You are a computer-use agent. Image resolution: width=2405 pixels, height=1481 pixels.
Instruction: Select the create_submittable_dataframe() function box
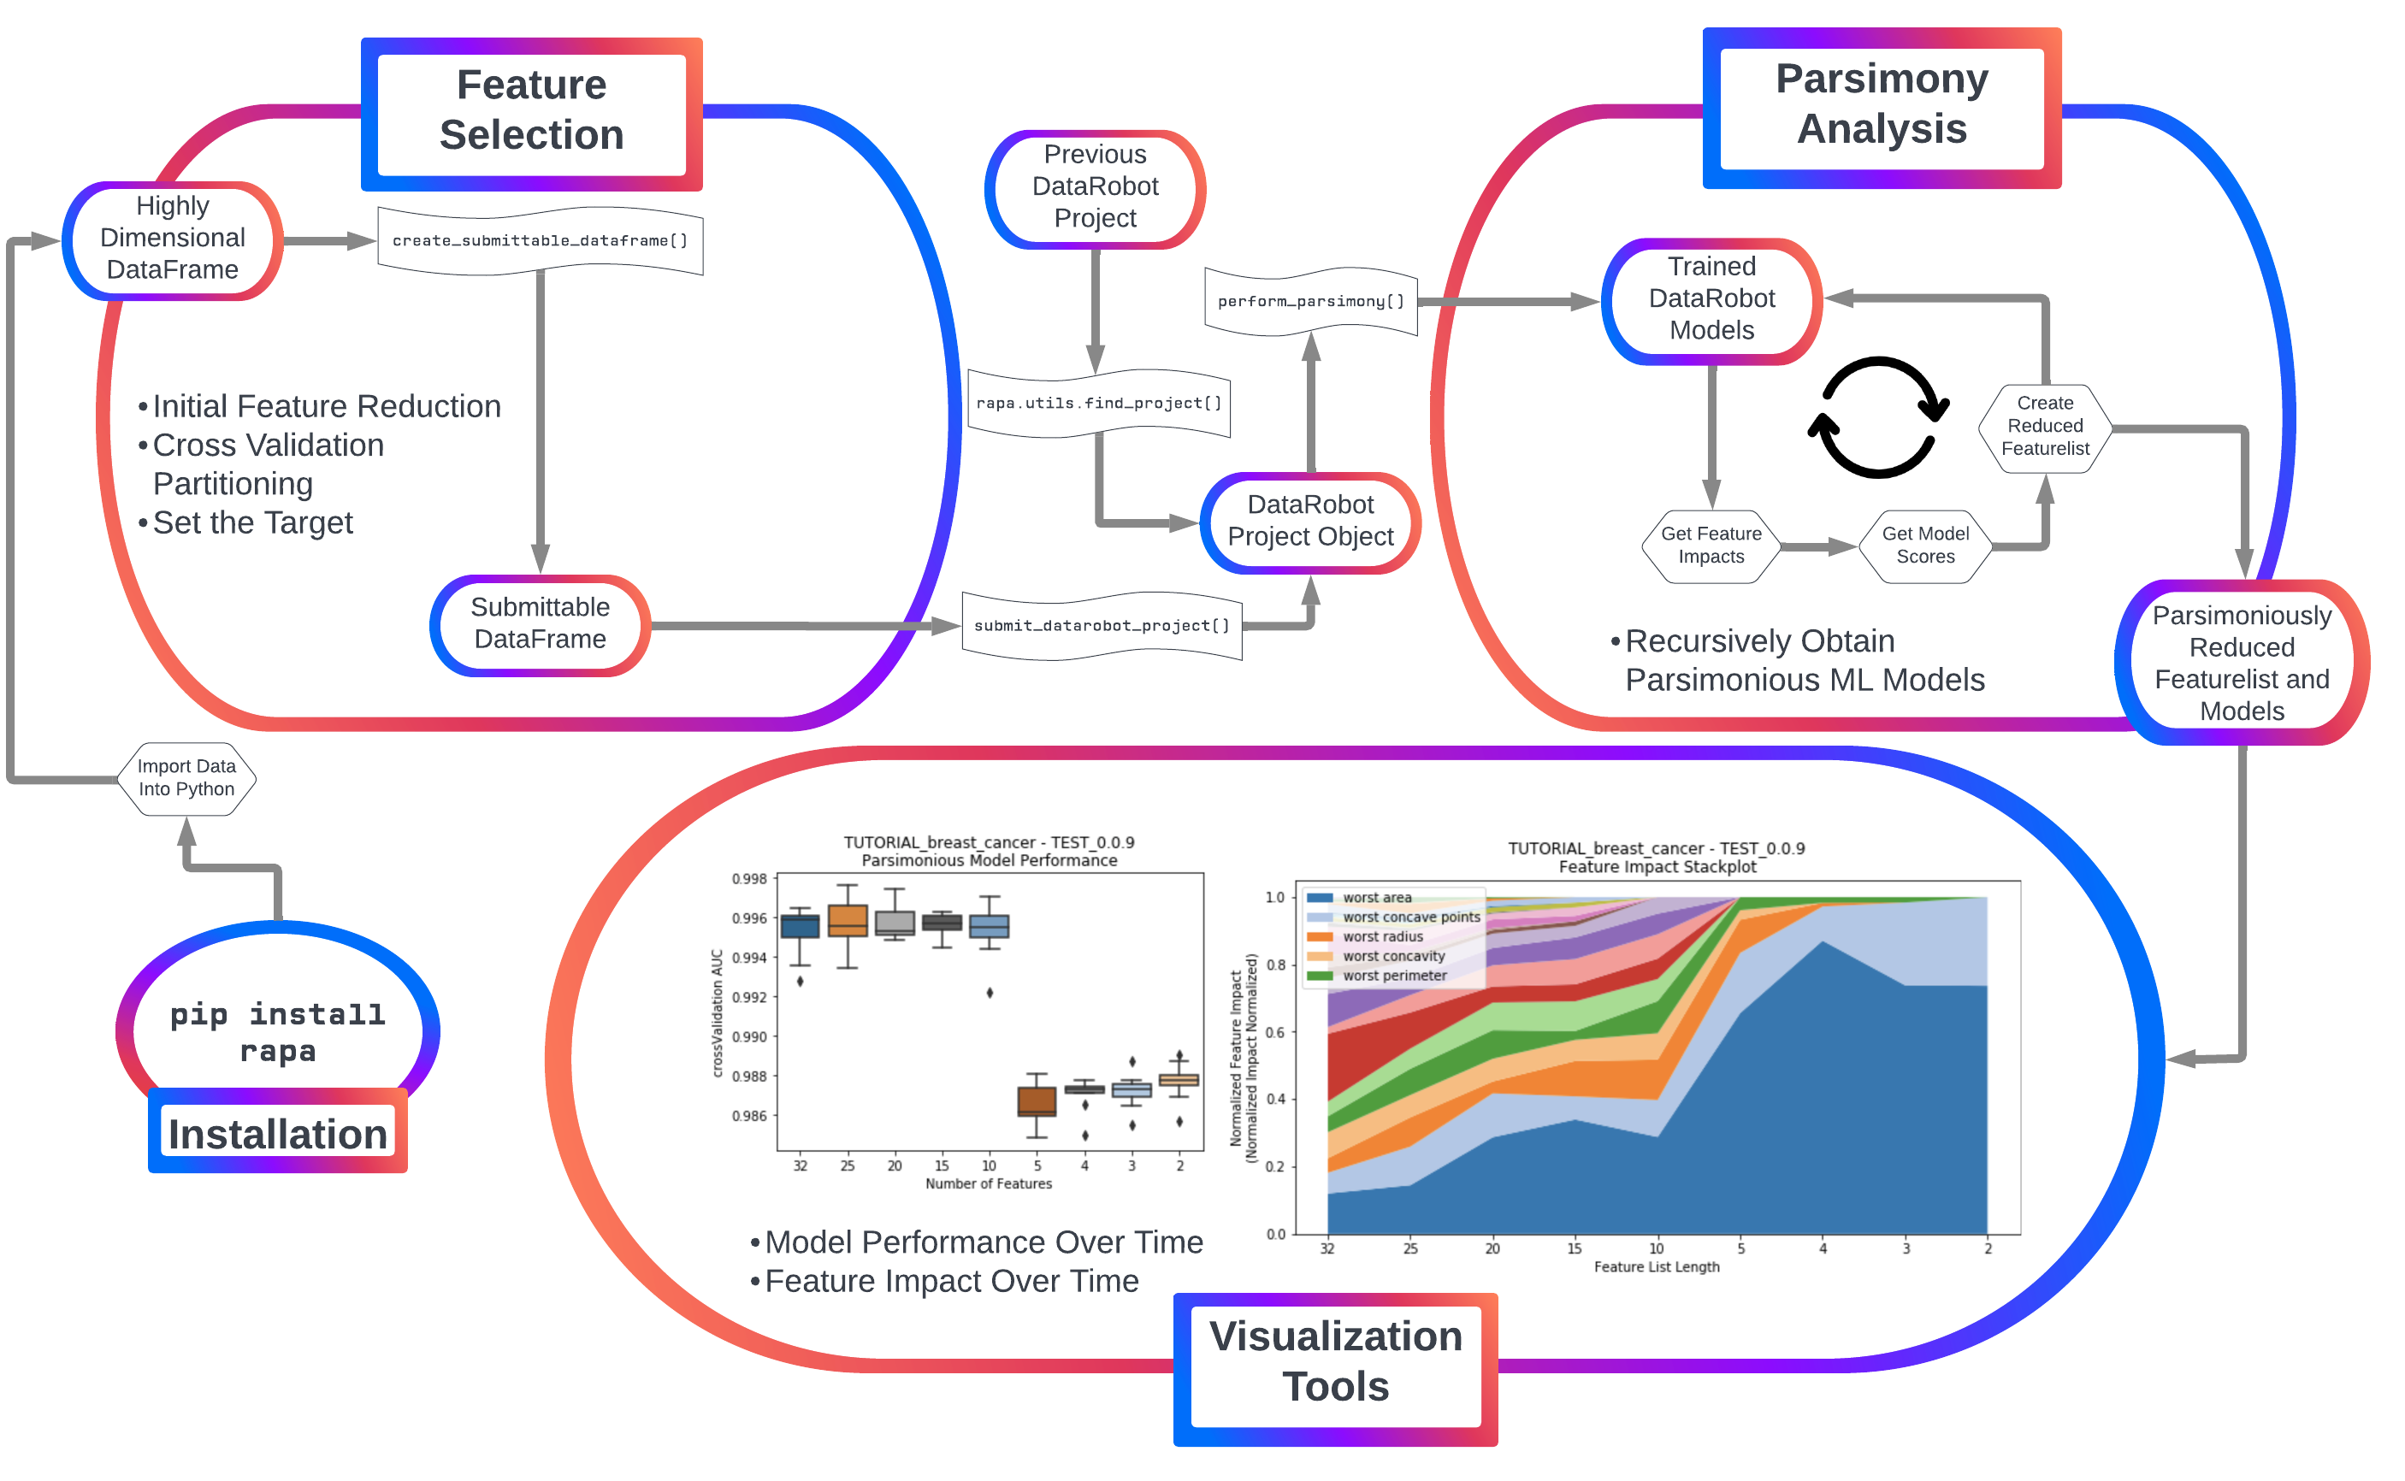click(x=540, y=241)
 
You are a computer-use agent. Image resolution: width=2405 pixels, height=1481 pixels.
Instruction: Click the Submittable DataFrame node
click(x=540, y=624)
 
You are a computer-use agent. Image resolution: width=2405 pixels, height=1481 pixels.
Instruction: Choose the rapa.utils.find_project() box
click(x=1098, y=404)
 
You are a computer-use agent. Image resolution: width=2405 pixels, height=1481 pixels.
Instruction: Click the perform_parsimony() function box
click(x=1311, y=302)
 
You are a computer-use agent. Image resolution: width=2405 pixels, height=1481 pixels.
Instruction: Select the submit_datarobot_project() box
click(x=1101, y=626)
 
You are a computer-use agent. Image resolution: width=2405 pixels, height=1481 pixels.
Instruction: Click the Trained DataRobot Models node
click(x=1711, y=298)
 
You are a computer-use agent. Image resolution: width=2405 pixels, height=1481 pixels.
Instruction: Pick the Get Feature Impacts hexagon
click(x=1711, y=546)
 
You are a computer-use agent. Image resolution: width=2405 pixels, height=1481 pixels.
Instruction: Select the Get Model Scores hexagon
click(x=1925, y=546)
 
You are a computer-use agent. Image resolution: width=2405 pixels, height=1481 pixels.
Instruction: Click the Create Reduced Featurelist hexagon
click(x=2044, y=427)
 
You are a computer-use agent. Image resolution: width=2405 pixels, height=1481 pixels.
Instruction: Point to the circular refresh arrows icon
click(x=1877, y=417)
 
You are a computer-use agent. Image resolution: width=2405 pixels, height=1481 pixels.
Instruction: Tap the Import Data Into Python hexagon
click(x=186, y=778)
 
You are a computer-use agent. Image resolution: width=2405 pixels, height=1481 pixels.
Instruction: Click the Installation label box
click(x=277, y=1133)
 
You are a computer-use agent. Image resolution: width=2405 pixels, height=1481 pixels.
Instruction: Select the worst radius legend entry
click(x=1381, y=937)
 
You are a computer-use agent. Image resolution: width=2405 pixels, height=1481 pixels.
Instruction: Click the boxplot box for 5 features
click(x=1037, y=1101)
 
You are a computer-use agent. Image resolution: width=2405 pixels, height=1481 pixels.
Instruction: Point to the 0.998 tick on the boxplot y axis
click(x=749, y=879)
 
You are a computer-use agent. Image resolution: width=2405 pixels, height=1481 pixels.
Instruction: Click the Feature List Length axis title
click(x=1656, y=1267)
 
